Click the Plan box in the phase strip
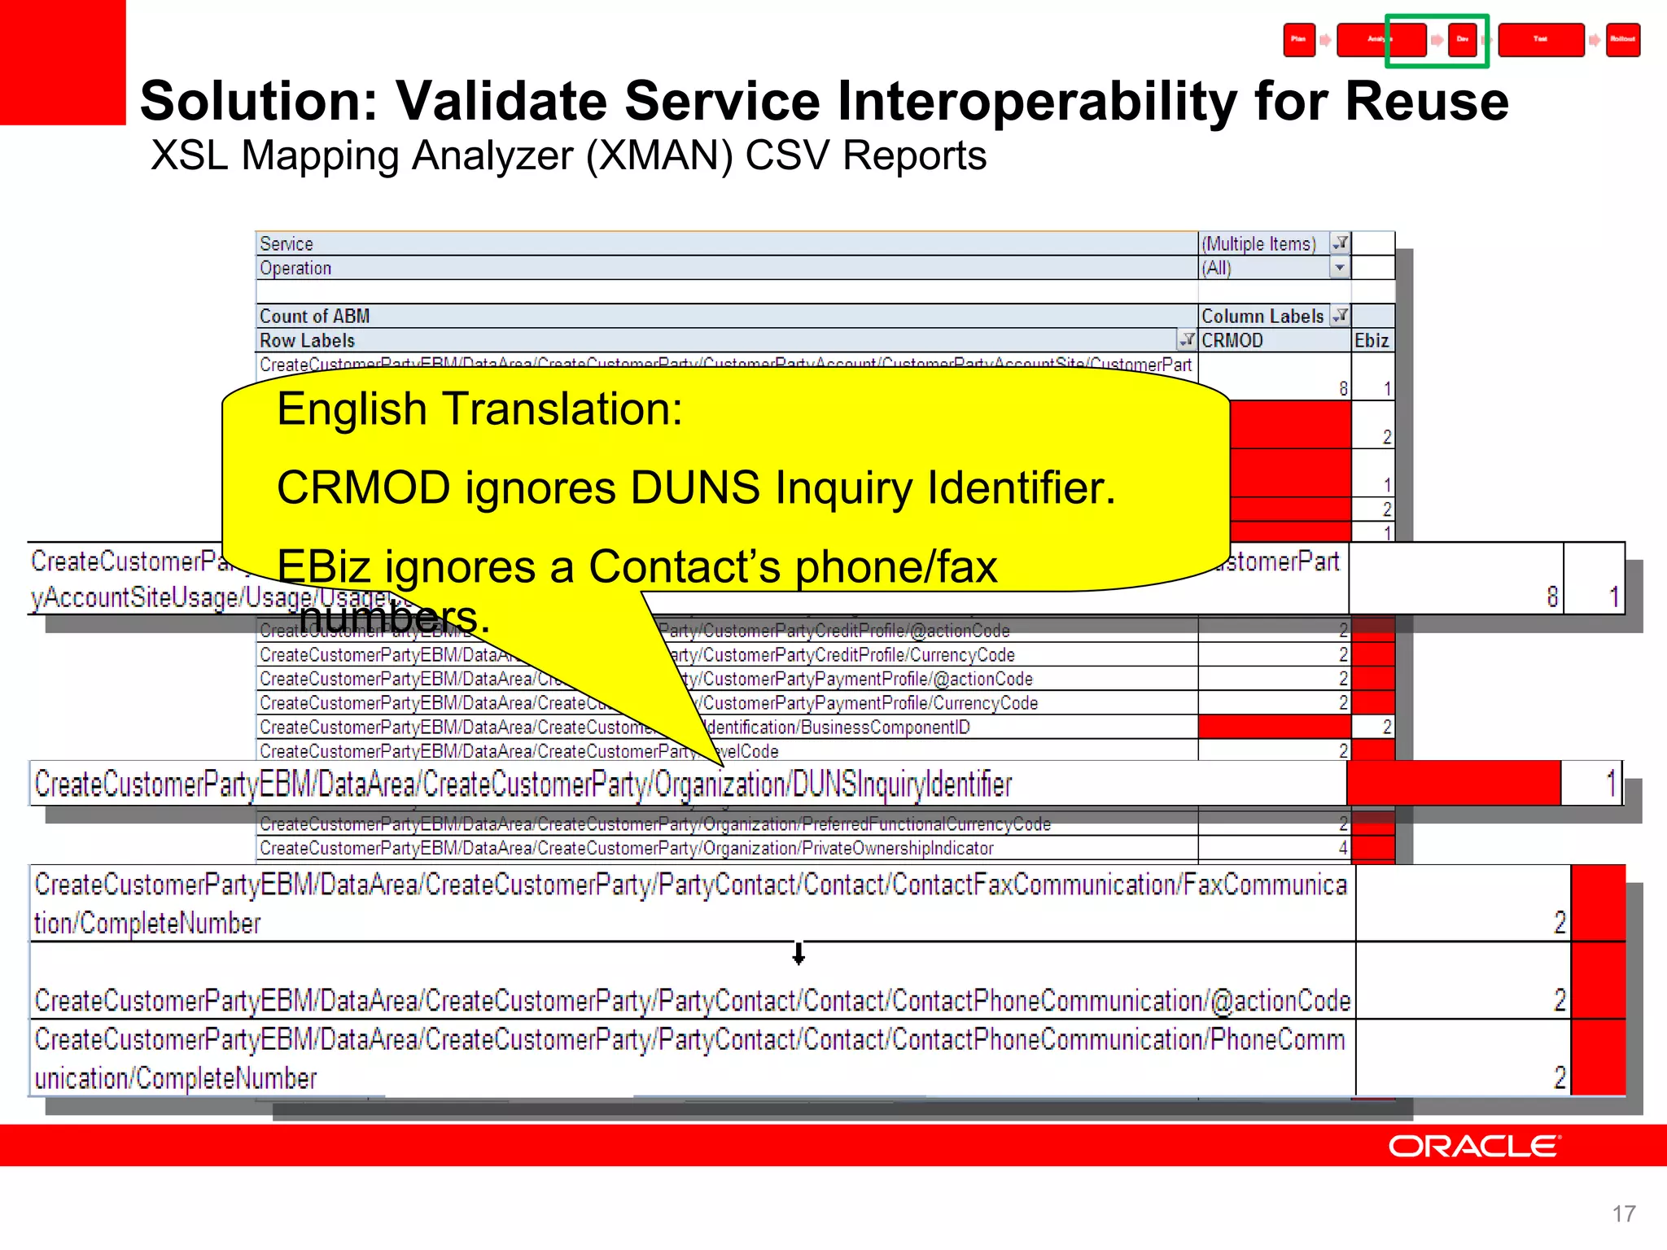click(x=1299, y=40)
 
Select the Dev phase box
click(x=1463, y=40)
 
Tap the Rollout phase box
click(x=1622, y=40)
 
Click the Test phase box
click(x=1540, y=40)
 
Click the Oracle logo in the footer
click(x=1474, y=1146)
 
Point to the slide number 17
click(x=1623, y=1214)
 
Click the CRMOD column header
click(x=1232, y=341)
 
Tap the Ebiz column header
click(x=1372, y=341)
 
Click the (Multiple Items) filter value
click(x=1258, y=244)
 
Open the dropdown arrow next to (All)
click(x=1340, y=268)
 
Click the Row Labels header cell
click(x=308, y=341)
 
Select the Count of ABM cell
click(x=315, y=317)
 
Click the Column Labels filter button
click(x=1340, y=316)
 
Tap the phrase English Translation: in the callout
click(x=479, y=409)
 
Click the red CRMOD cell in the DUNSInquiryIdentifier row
click(x=1454, y=784)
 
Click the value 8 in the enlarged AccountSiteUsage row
click(x=1551, y=597)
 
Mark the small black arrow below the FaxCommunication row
click(x=798, y=953)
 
